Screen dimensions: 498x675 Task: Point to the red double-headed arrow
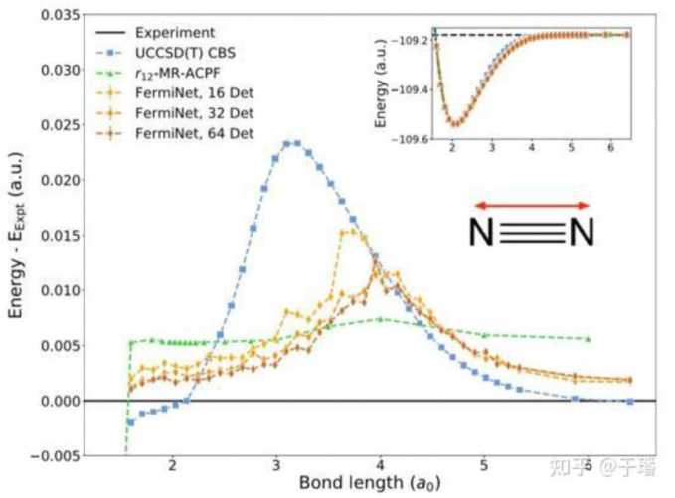(532, 205)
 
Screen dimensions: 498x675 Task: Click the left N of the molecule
(482, 233)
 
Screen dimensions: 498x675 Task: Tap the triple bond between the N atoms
(532, 233)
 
